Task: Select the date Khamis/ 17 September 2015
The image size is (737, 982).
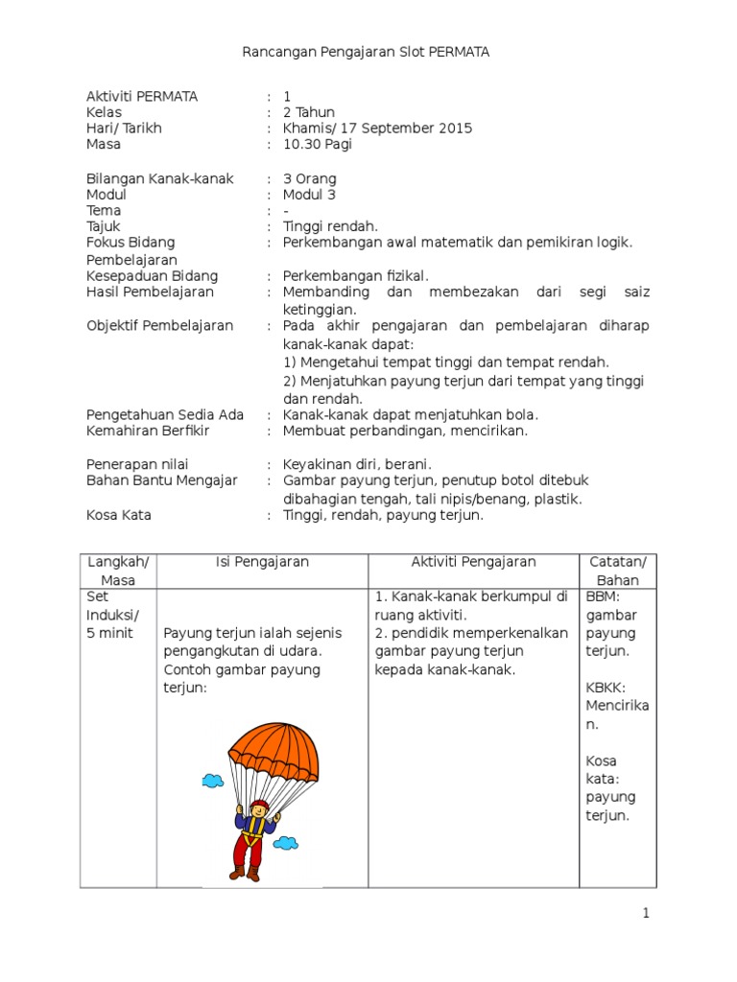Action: coord(377,129)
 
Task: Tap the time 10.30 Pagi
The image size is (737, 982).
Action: coord(318,145)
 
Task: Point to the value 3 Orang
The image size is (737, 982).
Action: coord(310,178)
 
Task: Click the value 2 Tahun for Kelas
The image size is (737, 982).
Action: coord(309,112)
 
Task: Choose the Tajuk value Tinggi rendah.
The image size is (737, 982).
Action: coord(330,226)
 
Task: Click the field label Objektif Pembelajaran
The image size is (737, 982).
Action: coord(159,326)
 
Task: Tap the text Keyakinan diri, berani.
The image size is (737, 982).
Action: coord(357,464)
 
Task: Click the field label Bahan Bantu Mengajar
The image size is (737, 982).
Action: coord(161,480)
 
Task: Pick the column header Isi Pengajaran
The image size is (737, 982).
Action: coord(262,563)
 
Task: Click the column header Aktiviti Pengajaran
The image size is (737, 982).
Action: coord(473,563)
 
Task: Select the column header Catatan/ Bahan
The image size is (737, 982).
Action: coord(617,571)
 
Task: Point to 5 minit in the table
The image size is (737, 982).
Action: coord(112,633)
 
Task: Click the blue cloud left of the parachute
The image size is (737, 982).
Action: coord(212,781)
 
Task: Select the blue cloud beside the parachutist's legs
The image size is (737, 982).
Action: coord(284,843)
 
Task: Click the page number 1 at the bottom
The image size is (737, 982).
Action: coord(647,914)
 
